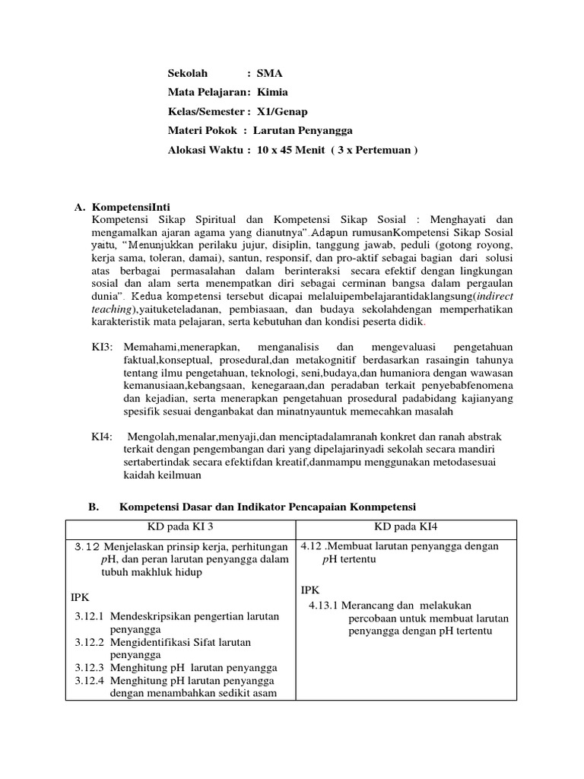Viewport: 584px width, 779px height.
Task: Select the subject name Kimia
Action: tap(271, 93)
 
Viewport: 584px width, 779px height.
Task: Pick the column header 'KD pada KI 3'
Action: tap(181, 528)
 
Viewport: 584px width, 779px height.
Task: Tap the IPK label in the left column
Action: tap(81, 598)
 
